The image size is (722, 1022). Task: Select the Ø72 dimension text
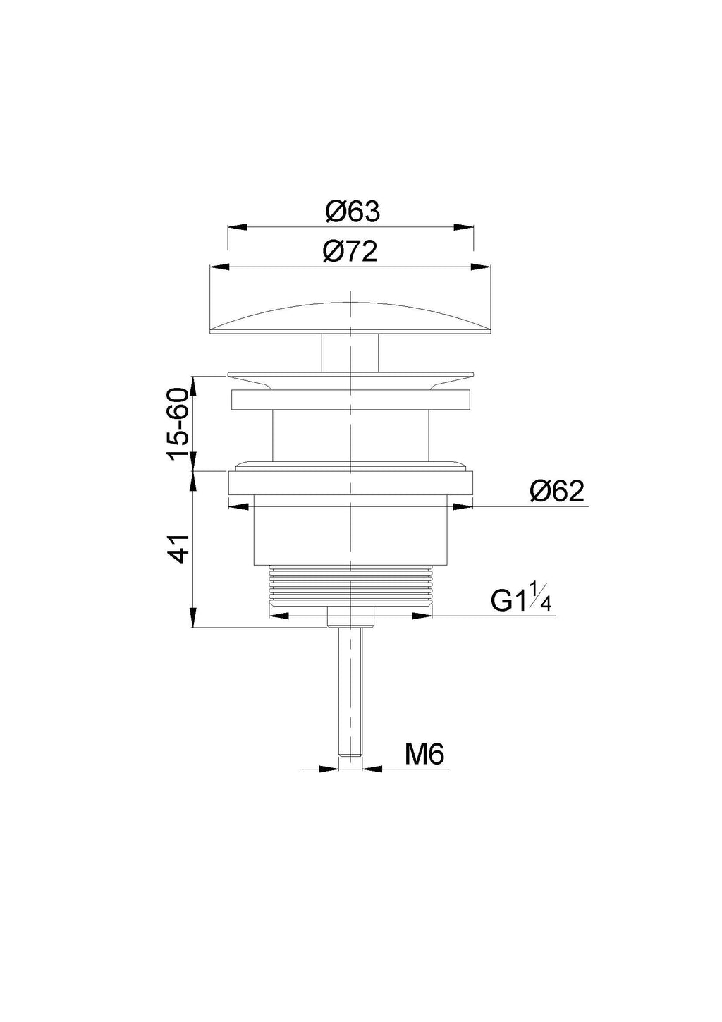[x=350, y=252]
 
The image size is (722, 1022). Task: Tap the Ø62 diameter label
[x=556, y=492]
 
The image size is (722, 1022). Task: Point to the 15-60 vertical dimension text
[x=178, y=424]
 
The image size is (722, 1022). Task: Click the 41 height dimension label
[x=178, y=549]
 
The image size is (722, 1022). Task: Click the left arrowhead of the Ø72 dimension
[x=219, y=267]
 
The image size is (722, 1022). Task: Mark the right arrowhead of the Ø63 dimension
[x=463, y=227]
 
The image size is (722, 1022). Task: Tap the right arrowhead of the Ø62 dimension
[x=463, y=506]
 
